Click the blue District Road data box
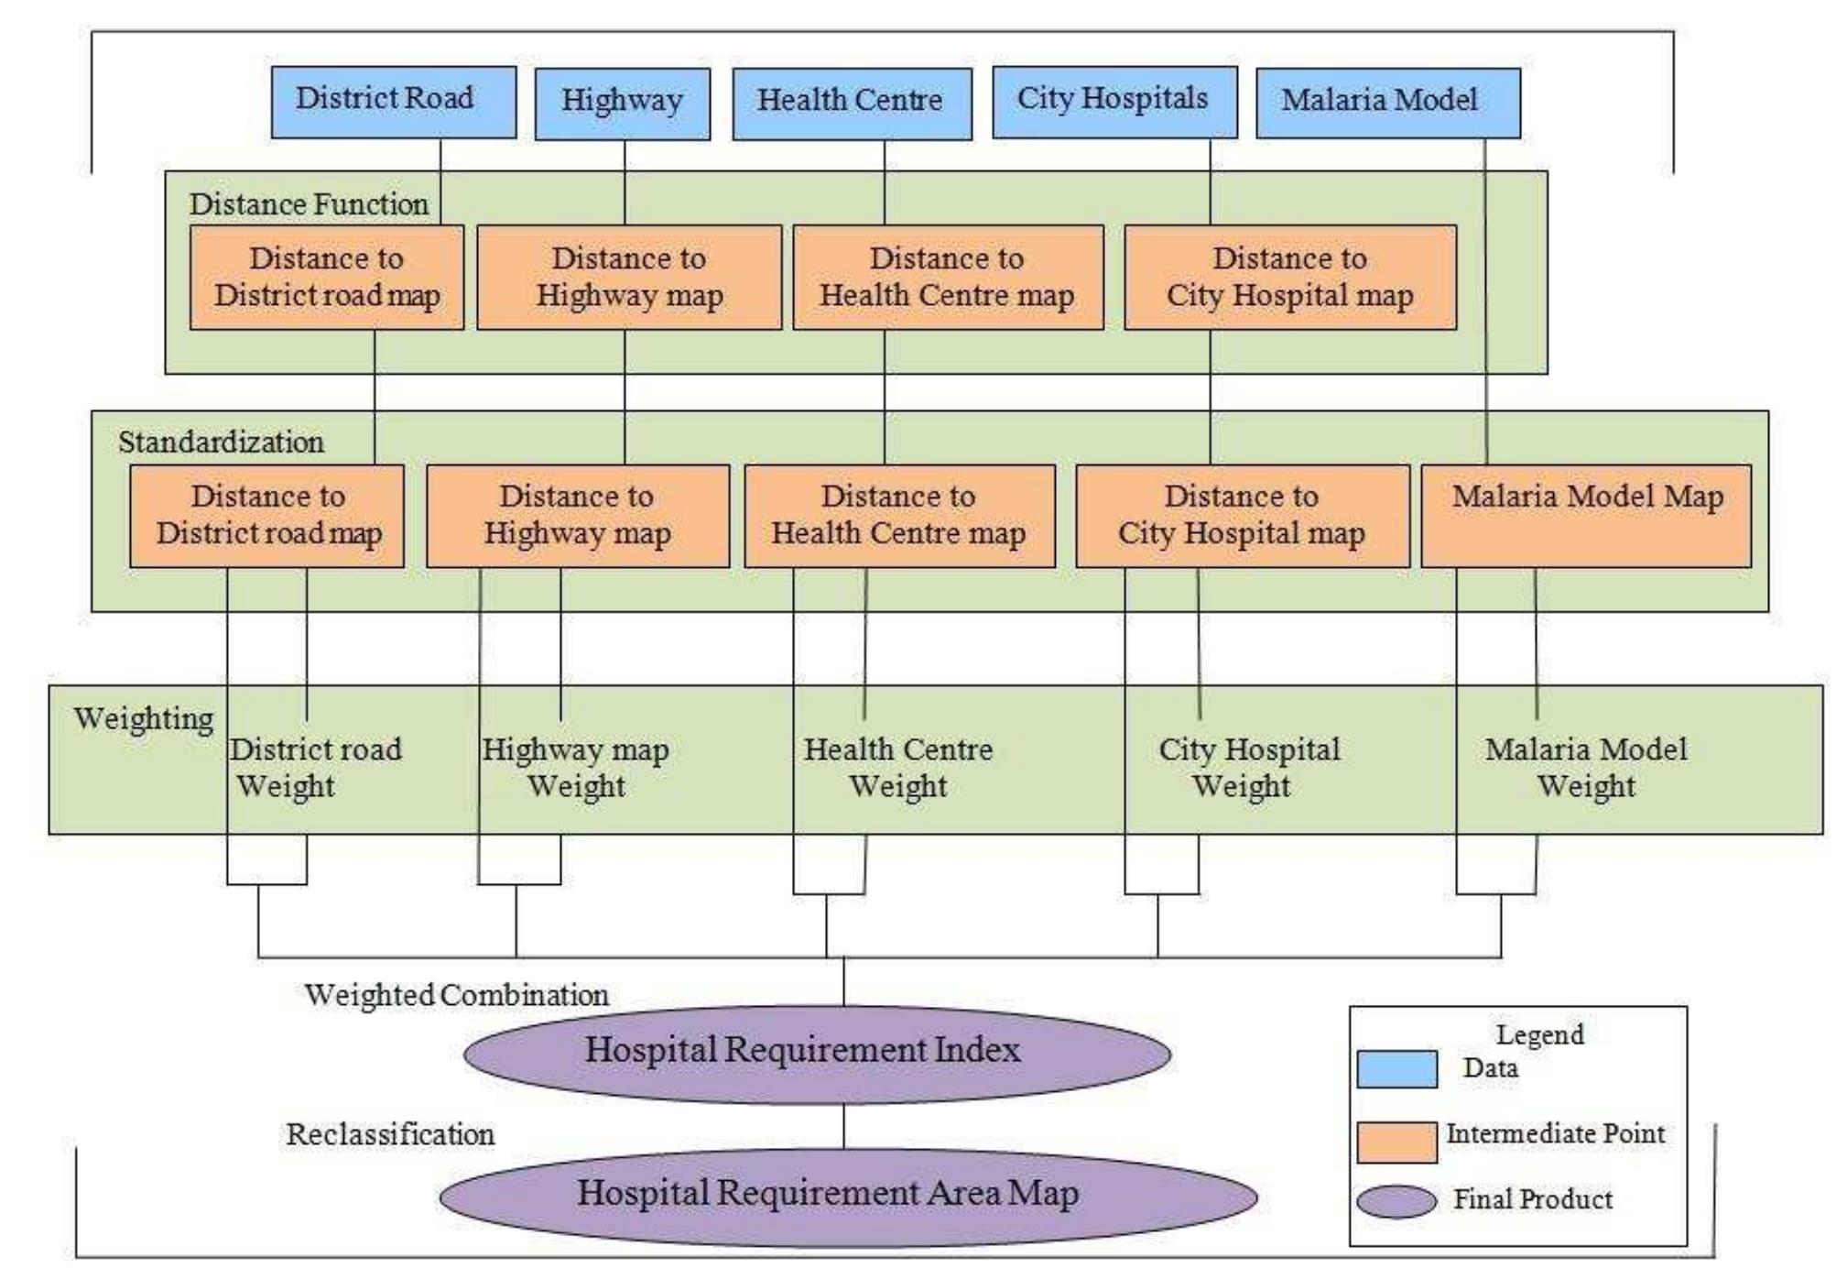coord(393,102)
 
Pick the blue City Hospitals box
coord(1114,102)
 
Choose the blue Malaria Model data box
coord(1387,102)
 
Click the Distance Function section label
coord(309,204)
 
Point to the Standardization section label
coord(221,443)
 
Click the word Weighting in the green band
coord(143,718)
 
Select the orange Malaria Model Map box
coord(1585,516)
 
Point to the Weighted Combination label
coord(456,995)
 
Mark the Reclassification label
coord(390,1134)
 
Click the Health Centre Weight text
coord(898,768)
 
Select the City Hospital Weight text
coord(1248,768)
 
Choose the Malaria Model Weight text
coord(1585,768)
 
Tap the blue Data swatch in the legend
coord(1396,1069)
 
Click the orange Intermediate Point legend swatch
coord(1396,1142)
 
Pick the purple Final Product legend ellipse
coord(1396,1201)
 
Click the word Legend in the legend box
coord(1539,1035)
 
